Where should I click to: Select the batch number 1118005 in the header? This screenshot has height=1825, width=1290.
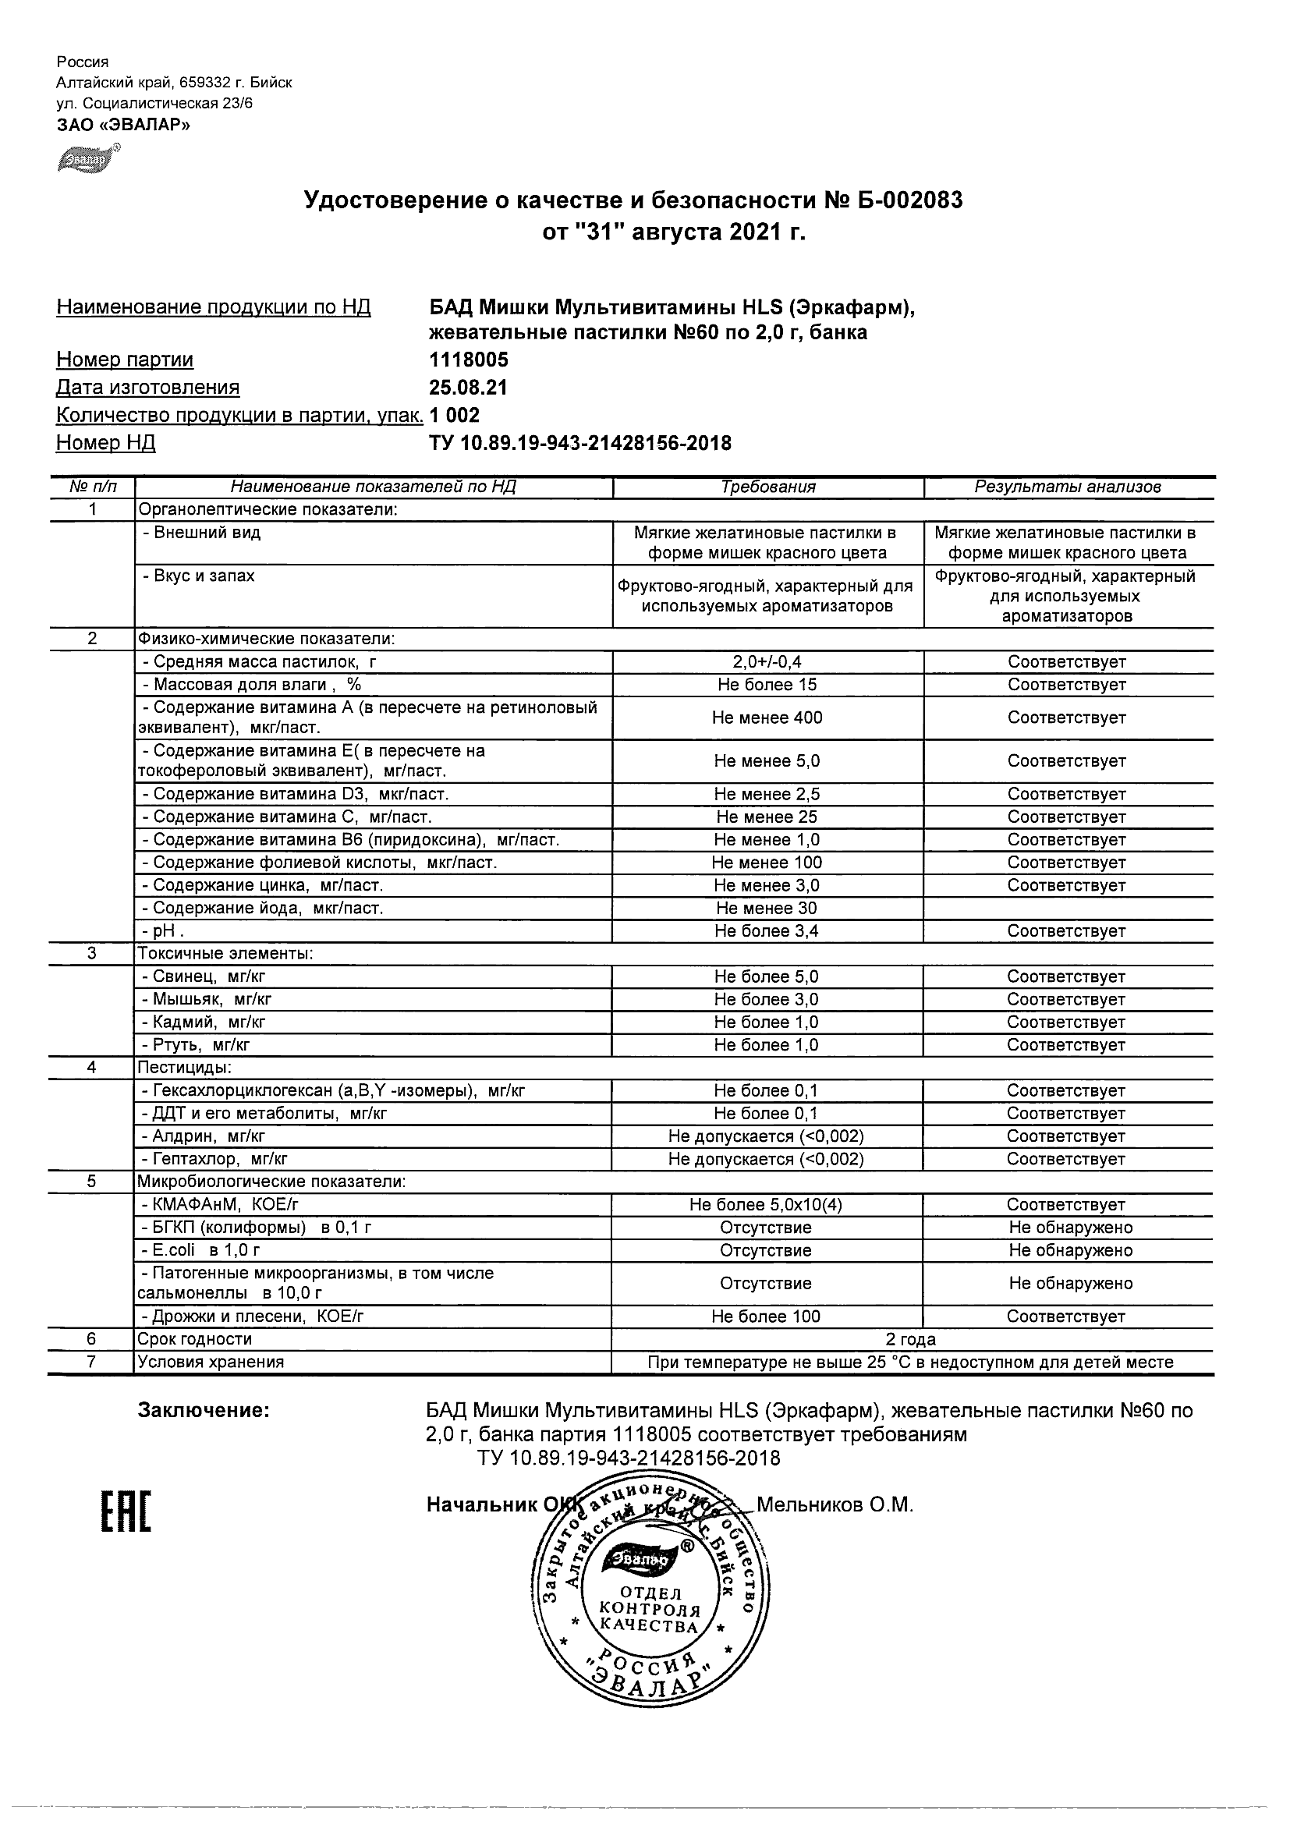pos(468,360)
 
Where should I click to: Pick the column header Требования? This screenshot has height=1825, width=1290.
pos(767,487)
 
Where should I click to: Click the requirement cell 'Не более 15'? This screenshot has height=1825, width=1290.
pos(766,685)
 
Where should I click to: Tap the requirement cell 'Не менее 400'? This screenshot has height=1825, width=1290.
pos(766,718)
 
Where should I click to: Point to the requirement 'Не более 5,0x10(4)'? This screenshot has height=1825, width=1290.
pos(766,1205)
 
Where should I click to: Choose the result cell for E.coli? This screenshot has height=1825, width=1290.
pos(1070,1250)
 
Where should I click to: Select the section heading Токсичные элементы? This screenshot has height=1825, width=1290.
pos(225,954)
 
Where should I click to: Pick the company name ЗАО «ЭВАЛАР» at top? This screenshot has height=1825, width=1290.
pos(123,125)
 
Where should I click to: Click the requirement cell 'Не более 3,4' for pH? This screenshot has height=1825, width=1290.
pos(766,930)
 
